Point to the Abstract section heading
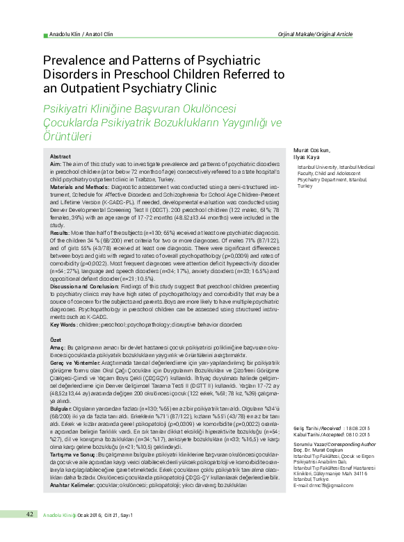pyautogui.click(x=60, y=157)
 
